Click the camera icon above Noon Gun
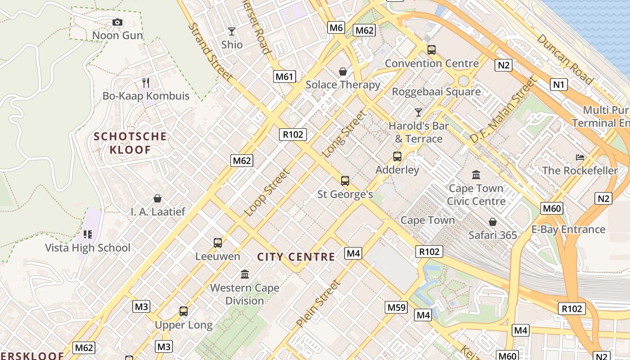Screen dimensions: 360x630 pyautogui.click(x=117, y=22)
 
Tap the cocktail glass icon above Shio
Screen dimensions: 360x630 pyautogui.click(x=232, y=31)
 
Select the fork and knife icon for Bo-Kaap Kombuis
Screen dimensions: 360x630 pyautogui.click(x=146, y=82)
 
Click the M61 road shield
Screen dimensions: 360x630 pyautogui.click(x=284, y=76)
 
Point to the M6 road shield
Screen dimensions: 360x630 pyautogui.click(x=336, y=28)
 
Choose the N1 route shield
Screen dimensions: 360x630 pyautogui.click(x=558, y=85)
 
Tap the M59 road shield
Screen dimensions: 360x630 pyautogui.click(x=396, y=308)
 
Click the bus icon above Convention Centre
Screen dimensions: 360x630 pyautogui.click(x=432, y=49)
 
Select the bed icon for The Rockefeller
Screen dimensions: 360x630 pyautogui.click(x=580, y=157)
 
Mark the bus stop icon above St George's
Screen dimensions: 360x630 pyautogui.click(x=345, y=181)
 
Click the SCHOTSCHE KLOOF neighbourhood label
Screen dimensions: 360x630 pyautogui.click(x=130, y=143)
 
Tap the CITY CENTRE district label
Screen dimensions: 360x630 pyautogui.click(x=296, y=257)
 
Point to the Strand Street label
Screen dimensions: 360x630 pyautogui.click(x=210, y=52)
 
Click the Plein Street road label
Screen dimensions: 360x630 pyautogui.click(x=318, y=303)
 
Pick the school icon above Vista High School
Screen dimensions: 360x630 pyautogui.click(x=87, y=234)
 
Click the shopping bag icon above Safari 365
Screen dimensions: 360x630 pyautogui.click(x=493, y=222)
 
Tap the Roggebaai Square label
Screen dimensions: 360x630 pyautogui.click(x=436, y=92)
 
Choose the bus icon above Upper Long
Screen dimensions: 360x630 pyautogui.click(x=184, y=311)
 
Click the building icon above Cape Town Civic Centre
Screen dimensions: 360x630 pyautogui.click(x=476, y=175)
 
